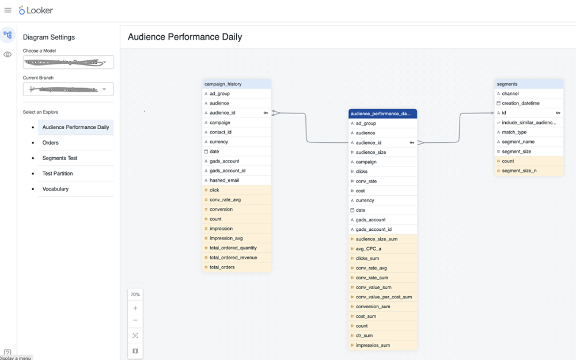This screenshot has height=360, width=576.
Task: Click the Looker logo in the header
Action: click(x=36, y=10)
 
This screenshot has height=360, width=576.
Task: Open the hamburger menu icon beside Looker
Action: click(x=8, y=10)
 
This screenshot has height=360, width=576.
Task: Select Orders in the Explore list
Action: click(x=51, y=143)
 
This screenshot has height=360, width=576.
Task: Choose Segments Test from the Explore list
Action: click(x=60, y=158)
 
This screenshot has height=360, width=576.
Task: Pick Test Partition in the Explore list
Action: click(x=58, y=173)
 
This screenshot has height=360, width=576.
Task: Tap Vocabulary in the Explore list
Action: click(x=55, y=189)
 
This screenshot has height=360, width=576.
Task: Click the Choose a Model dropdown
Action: click(x=68, y=62)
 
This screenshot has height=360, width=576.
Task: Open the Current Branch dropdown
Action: click(x=68, y=89)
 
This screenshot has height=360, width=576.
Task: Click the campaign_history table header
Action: click(x=237, y=84)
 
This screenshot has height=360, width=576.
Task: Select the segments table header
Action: click(x=529, y=84)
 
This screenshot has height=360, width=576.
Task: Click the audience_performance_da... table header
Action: click(x=382, y=113)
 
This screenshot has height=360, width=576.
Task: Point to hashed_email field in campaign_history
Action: click(x=225, y=180)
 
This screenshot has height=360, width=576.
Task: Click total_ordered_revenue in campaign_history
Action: click(x=233, y=257)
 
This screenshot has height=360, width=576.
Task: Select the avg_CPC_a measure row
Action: click(x=369, y=249)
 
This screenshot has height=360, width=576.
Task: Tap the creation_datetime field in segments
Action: click(x=521, y=103)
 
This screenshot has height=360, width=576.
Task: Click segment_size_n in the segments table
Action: click(x=519, y=170)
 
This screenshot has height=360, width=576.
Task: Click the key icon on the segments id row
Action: click(x=558, y=113)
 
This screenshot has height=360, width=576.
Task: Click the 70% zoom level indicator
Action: click(x=135, y=294)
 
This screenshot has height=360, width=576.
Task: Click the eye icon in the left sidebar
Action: click(x=7, y=55)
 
